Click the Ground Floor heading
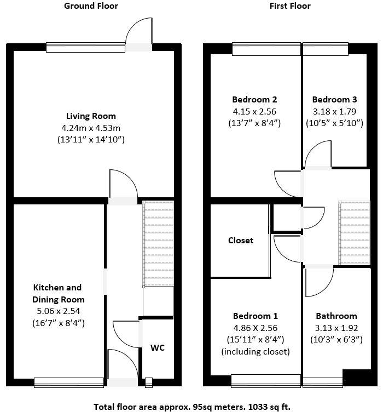pos(91,6)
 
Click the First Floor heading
pos(290,6)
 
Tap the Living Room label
pos(91,116)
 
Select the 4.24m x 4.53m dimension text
pos(91,128)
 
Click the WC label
pos(158,348)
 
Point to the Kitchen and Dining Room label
pos(57,294)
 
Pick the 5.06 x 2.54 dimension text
pos(57,311)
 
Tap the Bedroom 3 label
pos(334,100)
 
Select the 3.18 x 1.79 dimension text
pos(334,111)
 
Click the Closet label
pos(241,240)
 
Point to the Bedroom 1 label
pos(256,316)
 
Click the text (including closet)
pos(256,351)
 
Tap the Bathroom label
pos(336,316)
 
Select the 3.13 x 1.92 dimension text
pos(336,328)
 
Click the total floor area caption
pos(191,407)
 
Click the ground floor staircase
pos(158,244)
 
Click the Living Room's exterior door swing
pos(138,30)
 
